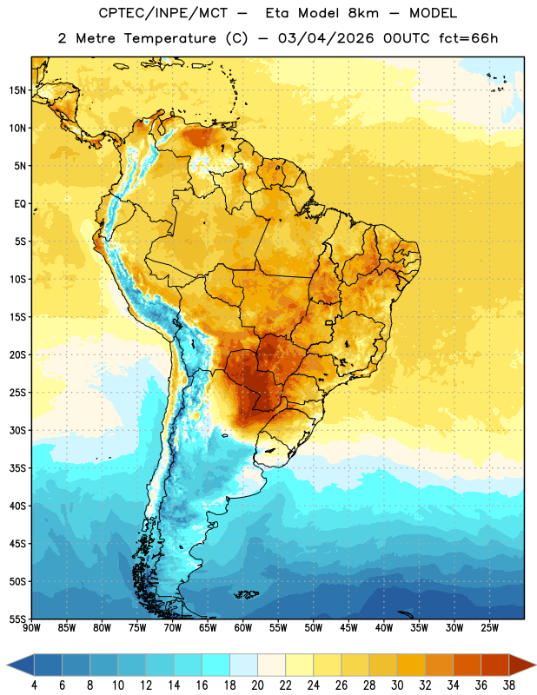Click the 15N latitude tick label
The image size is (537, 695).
tap(17, 90)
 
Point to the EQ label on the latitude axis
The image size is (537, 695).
tap(20, 204)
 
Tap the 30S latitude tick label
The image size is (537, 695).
tap(17, 430)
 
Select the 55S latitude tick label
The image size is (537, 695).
tap(17, 619)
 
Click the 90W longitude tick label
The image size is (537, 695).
tap(31, 628)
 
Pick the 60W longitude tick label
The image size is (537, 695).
tap(243, 628)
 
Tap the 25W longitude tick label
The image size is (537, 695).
tap(489, 628)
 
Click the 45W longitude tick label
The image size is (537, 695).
tap(348, 628)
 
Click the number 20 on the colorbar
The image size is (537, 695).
tap(257, 685)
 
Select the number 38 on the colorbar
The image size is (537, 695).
tap(509, 685)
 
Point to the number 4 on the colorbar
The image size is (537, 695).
tap(34, 685)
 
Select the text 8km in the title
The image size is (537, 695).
tap(363, 13)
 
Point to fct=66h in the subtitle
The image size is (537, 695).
tap(468, 38)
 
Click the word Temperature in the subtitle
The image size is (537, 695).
tap(169, 39)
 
